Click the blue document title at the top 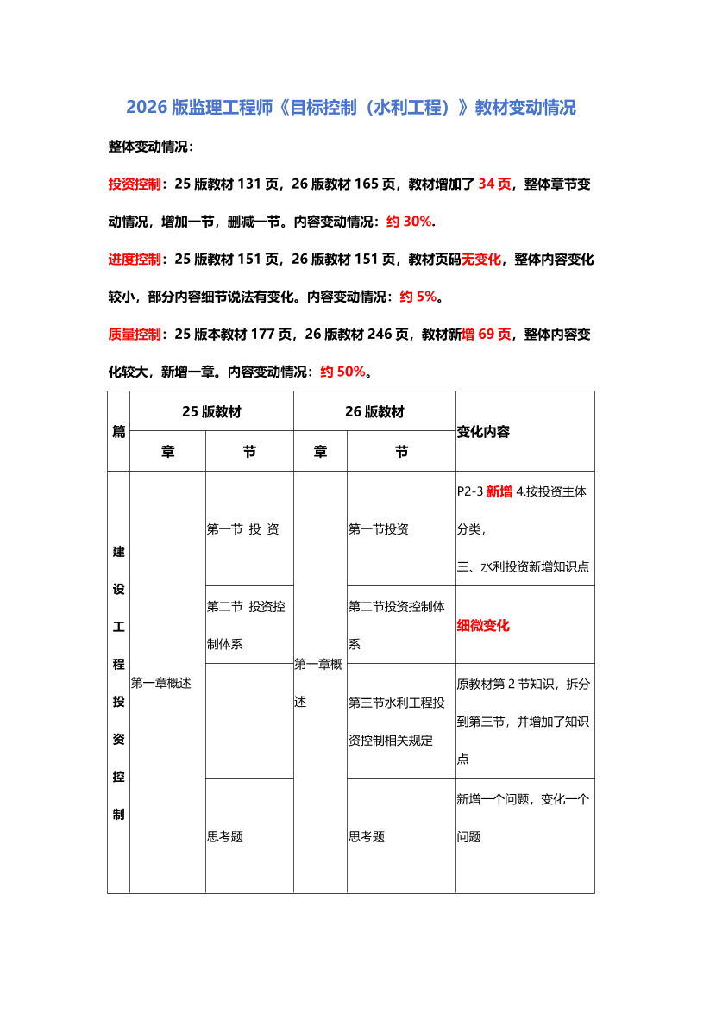coord(351,108)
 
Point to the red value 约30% coord(409,221)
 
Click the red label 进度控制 coord(134,259)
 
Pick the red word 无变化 coord(481,259)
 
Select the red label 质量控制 coord(134,334)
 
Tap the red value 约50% coord(342,372)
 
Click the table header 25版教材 coord(211,411)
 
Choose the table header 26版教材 coord(374,411)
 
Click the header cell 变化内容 coord(483,432)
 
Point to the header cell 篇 coord(119,432)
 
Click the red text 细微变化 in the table coord(483,625)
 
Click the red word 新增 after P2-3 coord(499,492)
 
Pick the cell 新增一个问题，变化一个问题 coord(523,817)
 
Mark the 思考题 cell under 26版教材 coord(367,836)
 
